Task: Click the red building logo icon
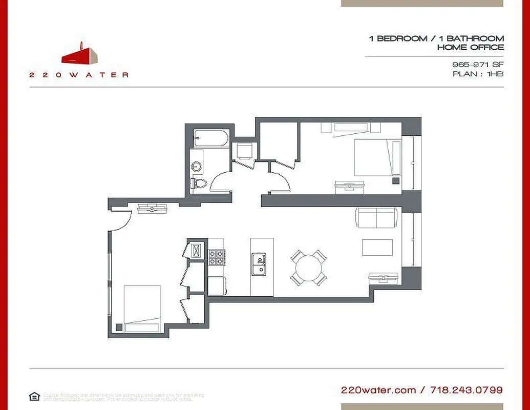pyautogui.click(x=80, y=54)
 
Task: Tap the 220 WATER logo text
pyautogui.click(x=78, y=75)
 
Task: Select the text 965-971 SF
pyautogui.click(x=477, y=65)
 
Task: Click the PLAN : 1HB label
pyautogui.click(x=478, y=74)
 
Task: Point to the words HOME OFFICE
pyautogui.click(x=470, y=47)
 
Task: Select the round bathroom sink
pyautogui.click(x=196, y=166)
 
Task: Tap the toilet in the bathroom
pyautogui.click(x=199, y=183)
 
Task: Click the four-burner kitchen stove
pyautogui.click(x=216, y=257)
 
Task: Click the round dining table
pyautogui.click(x=309, y=267)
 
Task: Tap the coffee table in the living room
pyautogui.click(x=377, y=247)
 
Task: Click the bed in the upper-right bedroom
pyautogui.click(x=377, y=158)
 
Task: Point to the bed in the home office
pyautogui.click(x=142, y=308)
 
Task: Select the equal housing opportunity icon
pyautogui.click(x=34, y=396)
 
